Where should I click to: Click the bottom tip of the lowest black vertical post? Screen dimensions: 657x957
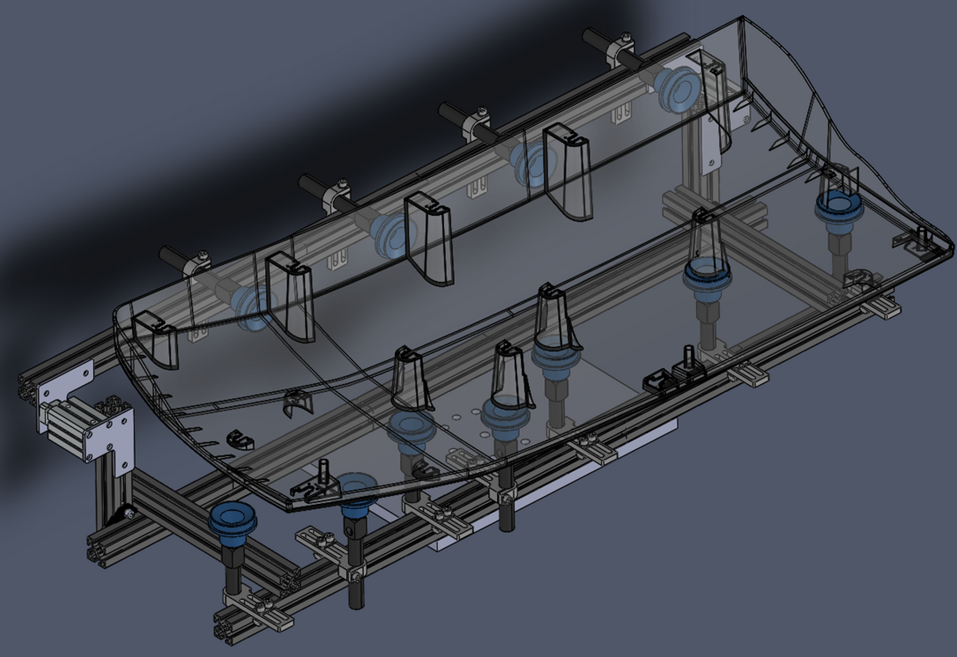click(x=356, y=605)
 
